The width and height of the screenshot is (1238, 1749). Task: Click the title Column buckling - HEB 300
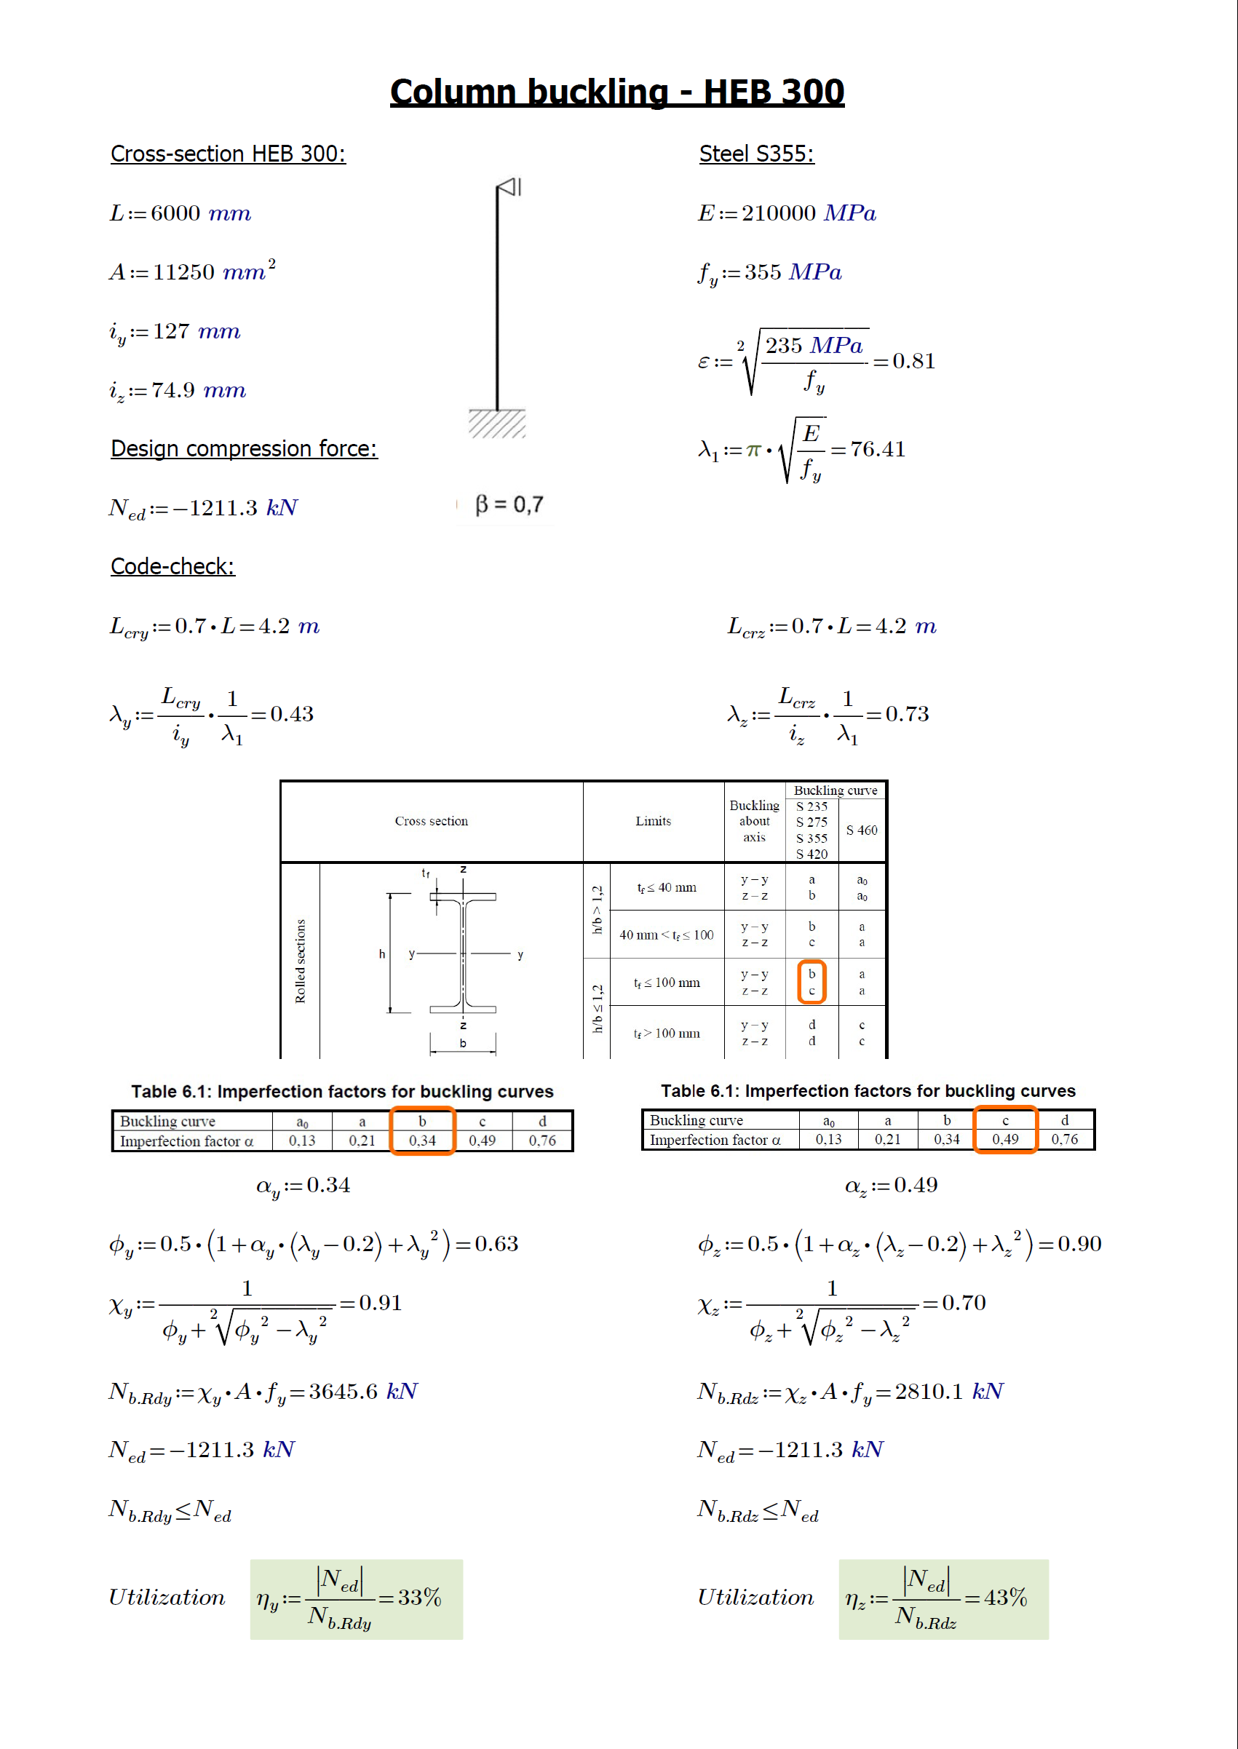tap(616, 92)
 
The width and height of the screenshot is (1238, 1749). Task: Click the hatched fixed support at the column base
tap(497, 423)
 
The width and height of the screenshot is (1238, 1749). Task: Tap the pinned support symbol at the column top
tap(509, 187)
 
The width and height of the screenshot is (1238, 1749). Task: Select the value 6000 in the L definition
tap(175, 213)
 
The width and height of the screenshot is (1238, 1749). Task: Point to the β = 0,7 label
tap(509, 504)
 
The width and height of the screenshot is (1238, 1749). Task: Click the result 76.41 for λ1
tap(878, 449)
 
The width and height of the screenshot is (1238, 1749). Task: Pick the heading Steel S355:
tap(756, 154)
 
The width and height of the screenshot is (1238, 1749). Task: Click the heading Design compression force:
tap(244, 448)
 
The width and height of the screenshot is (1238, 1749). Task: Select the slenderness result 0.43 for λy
tap(292, 715)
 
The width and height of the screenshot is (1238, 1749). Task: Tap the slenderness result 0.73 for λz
tap(907, 715)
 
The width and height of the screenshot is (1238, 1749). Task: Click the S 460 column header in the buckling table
tap(862, 830)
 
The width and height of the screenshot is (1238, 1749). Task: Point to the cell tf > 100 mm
tap(666, 1033)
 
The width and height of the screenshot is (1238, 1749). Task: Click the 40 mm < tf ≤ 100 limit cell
tap(666, 935)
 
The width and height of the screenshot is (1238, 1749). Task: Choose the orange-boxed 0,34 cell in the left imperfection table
tap(422, 1141)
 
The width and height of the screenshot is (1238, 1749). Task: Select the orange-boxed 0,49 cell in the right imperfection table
tap(1004, 1139)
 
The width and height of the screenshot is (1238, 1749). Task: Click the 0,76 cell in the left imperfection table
tap(542, 1141)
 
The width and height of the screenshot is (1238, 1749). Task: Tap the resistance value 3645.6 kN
tap(363, 1392)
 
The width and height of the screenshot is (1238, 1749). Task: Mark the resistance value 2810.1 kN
tap(949, 1392)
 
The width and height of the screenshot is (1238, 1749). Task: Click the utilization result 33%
tap(419, 1598)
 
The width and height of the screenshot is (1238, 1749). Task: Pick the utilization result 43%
tap(1006, 1598)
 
